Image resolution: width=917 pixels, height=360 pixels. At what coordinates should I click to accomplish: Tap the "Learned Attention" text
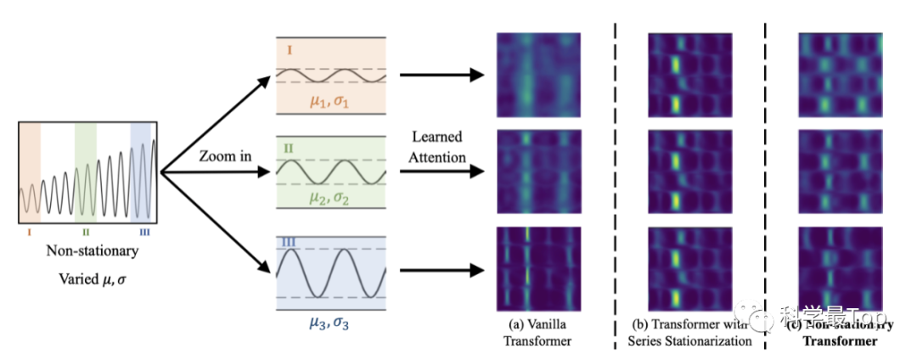point(439,146)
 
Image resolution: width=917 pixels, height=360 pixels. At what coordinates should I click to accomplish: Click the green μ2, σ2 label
point(331,200)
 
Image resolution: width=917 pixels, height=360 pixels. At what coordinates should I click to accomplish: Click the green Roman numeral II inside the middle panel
point(289,149)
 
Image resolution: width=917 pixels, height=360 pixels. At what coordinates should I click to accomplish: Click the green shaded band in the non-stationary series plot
point(85,170)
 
